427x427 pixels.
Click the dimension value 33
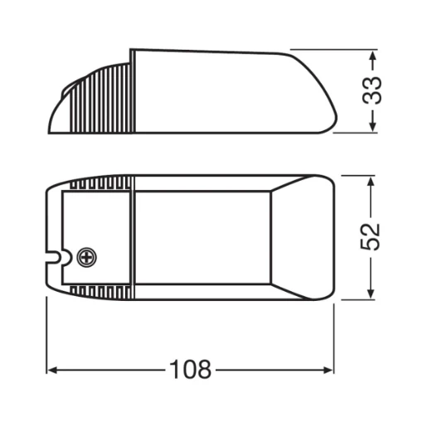(377, 90)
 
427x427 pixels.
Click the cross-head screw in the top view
(85, 258)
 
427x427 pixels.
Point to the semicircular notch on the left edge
(53, 257)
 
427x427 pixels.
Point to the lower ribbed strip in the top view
(99, 291)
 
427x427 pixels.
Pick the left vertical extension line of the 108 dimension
(46, 340)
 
